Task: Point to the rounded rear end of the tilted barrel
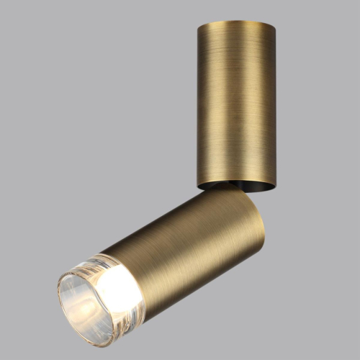tap(256, 216)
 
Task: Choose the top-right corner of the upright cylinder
tap(274, 27)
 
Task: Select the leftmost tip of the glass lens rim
tap(58, 299)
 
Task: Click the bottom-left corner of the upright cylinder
tap(197, 183)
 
